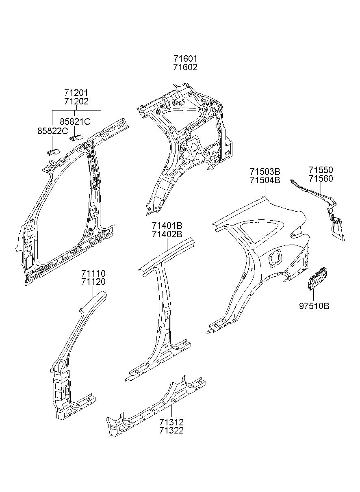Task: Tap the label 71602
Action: point(185,67)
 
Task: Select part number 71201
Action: point(76,93)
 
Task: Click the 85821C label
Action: point(75,121)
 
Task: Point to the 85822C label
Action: point(53,131)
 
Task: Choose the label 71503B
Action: point(265,171)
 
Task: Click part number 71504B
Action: point(265,180)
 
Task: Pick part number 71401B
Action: point(167,225)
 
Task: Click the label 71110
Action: point(93,274)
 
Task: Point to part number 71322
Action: point(171,430)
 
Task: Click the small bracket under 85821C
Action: point(76,137)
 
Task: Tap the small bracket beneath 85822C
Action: point(52,152)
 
